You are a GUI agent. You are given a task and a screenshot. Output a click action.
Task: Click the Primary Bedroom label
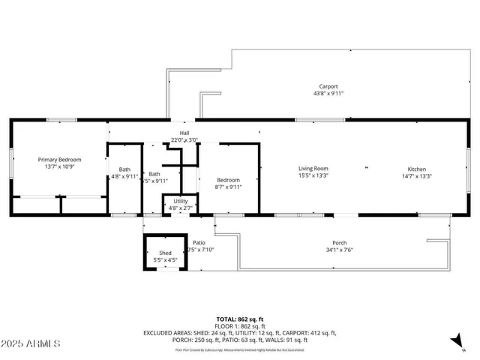[x=60, y=160]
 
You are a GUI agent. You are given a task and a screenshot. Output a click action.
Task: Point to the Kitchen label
[x=417, y=169]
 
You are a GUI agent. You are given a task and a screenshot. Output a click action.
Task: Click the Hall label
[x=184, y=133]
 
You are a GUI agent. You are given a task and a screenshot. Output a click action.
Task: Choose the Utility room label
[x=181, y=201]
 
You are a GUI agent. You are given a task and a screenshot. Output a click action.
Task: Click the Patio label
[x=199, y=242]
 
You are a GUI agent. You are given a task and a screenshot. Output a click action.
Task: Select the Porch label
[x=340, y=243]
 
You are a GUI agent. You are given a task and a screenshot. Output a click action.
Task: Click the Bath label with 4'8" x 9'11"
[x=124, y=169]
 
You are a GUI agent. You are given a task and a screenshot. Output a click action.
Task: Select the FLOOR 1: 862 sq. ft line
[x=240, y=326]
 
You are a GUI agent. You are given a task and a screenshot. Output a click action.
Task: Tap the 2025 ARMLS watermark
[x=31, y=343]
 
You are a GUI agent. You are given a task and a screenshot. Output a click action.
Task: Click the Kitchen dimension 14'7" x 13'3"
[x=417, y=176]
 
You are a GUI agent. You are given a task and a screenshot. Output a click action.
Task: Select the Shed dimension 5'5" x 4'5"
[x=167, y=259]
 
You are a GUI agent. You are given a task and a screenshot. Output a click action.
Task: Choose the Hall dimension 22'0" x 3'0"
[x=184, y=139]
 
